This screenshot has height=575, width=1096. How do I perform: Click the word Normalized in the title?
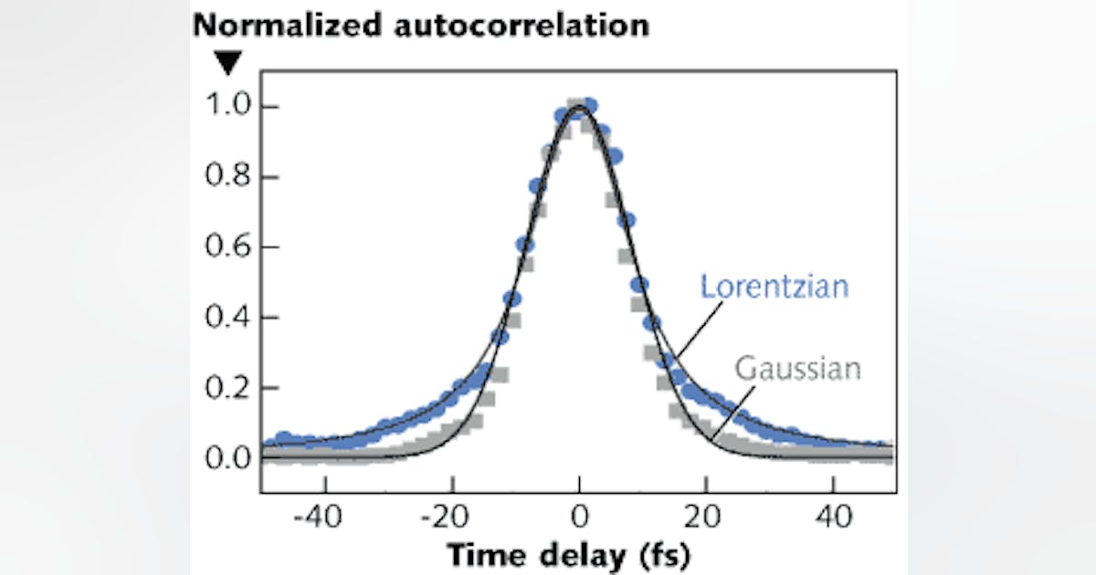(x=280, y=25)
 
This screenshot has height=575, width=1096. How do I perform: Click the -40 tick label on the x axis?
(x=320, y=517)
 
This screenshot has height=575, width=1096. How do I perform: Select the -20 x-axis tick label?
(x=447, y=517)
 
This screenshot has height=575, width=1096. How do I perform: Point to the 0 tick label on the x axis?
(x=579, y=517)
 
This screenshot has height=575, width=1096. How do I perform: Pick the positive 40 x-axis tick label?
(x=833, y=517)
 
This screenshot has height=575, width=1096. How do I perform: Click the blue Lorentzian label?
(x=775, y=287)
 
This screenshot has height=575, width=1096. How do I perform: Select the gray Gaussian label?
(x=797, y=370)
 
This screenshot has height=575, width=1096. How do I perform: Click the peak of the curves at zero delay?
(x=579, y=107)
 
